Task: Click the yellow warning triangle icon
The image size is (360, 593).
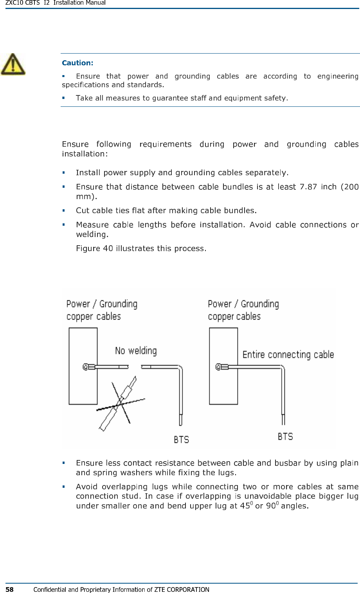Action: [x=13, y=65]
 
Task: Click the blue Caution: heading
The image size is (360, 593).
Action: [x=77, y=63]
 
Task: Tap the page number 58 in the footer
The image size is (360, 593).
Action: [x=9, y=589]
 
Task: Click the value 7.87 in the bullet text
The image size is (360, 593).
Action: [x=308, y=187]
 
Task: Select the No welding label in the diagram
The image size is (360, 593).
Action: [x=136, y=351]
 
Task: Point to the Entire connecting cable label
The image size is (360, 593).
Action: [x=288, y=355]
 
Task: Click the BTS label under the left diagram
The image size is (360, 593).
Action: [x=181, y=440]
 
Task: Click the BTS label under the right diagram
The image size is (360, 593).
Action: [x=285, y=437]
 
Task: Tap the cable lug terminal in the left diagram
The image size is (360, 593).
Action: [x=89, y=367]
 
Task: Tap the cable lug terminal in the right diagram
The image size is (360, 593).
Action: [x=221, y=367]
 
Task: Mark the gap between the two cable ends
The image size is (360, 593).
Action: [x=135, y=367]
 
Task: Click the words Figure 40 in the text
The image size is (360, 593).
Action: [x=94, y=248]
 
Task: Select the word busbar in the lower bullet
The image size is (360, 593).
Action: [x=288, y=463]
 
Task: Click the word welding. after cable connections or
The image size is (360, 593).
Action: [x=92, y=235]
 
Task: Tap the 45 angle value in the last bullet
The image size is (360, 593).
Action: [x=245, y=506]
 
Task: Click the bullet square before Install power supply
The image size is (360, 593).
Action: [x=63, y=173]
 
